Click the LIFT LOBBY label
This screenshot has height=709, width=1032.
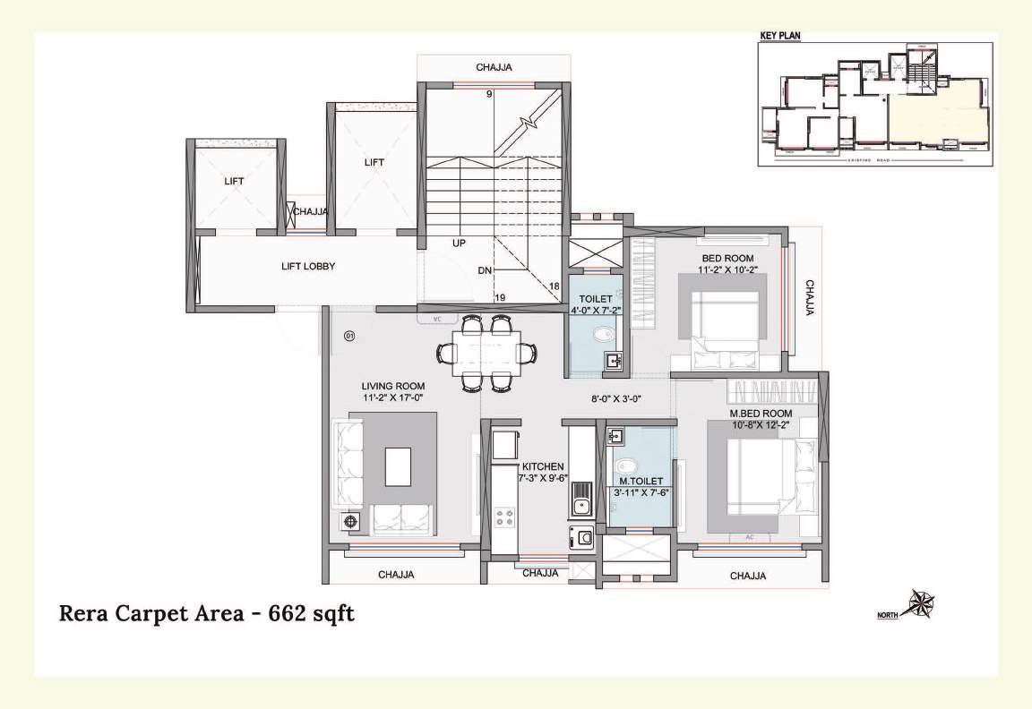pos(308,266)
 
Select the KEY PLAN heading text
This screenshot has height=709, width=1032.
pos(779,36)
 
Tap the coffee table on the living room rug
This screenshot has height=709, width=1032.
pos(398,466)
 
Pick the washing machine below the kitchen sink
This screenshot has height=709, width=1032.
pos(580,538)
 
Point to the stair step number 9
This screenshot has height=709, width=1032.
pos(490,94)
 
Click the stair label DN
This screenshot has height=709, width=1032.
pos(485,269)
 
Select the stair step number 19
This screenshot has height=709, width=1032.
pos(500,298)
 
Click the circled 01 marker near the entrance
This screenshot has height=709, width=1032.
pos(349,336)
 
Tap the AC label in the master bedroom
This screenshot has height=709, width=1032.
pos(748,537)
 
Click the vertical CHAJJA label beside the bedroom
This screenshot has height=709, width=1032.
pos(809,298)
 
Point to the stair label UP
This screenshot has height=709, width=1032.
pos(459,243)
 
